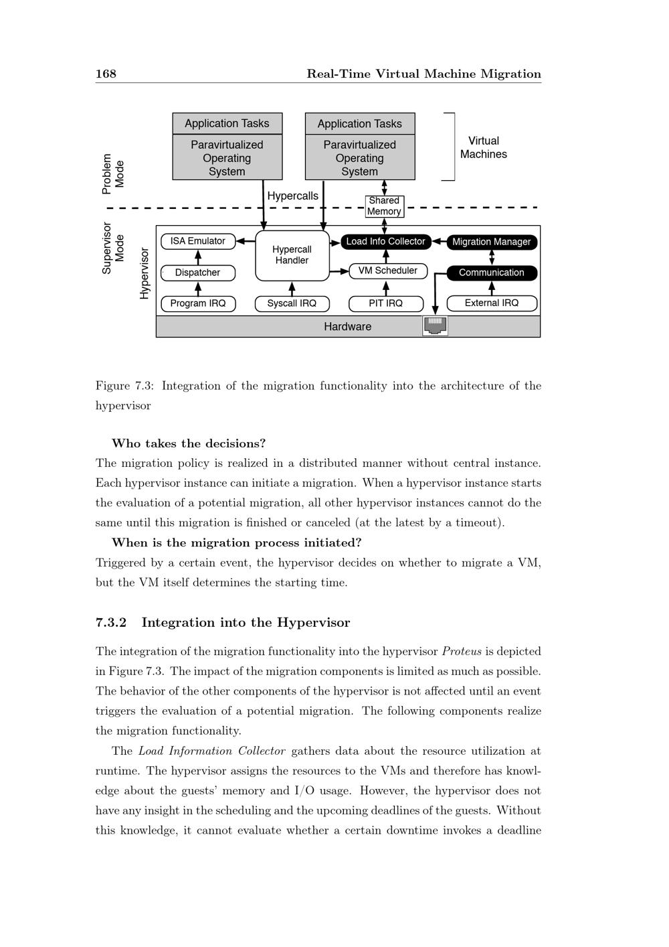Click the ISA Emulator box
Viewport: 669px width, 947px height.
(197, 241)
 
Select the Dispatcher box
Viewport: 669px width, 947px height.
(198, 273)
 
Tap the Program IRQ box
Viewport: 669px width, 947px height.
(198, 303)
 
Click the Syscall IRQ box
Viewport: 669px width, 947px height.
(292, 303)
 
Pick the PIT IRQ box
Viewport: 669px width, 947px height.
(386, 303)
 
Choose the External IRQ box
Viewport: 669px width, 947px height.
(492, 303)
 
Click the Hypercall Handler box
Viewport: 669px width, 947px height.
(292, 255)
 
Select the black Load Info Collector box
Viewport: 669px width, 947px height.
(385, 241)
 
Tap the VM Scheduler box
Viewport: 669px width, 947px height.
(388, 271)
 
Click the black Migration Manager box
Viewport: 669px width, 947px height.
(492, 242)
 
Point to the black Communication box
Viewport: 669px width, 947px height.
(492, 273)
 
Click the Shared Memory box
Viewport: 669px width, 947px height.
(384, 206)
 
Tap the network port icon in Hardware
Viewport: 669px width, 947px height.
(435, 325)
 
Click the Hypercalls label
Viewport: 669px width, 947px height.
(293, 196)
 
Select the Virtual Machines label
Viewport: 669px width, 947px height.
(484, 147)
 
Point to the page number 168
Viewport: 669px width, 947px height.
(106, 74)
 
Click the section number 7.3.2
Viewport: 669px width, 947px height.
(111, 622)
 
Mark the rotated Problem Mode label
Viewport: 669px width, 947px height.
(113, 173)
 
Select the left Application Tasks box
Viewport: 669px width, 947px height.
(227, 123)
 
